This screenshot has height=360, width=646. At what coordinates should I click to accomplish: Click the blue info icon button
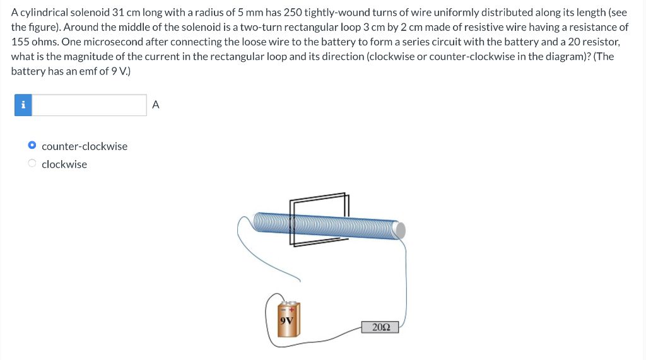(23, 105)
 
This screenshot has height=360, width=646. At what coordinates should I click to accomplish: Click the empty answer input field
(89, 105)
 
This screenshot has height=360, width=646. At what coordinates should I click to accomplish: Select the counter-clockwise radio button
(32, 146)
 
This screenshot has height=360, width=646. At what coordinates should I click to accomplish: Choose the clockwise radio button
(32, 164)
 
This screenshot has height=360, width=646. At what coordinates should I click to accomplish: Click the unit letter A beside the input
(156, 105)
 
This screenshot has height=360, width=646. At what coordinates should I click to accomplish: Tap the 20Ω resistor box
(380, 327)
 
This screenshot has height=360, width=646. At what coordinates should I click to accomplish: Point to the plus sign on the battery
(293, 309)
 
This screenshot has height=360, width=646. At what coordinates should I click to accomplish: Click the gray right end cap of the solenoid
(400, 230)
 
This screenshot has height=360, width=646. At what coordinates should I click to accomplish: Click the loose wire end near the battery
(300, 281)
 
